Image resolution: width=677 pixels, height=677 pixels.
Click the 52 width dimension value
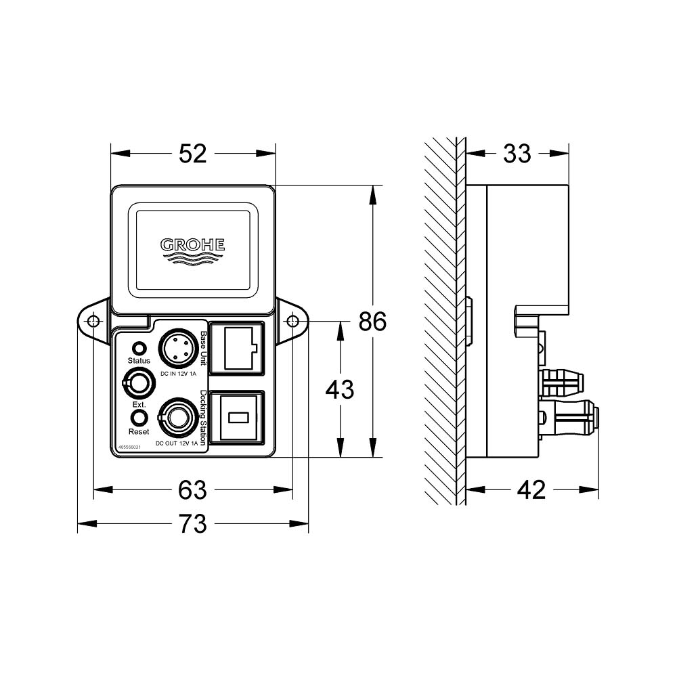click(x=193, y=154)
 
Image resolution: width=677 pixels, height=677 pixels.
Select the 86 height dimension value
click(x=372, y=322)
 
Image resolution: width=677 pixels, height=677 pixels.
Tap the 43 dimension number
click(x=340, y=389)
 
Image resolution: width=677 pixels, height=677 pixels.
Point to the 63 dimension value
click(x=193, y=489)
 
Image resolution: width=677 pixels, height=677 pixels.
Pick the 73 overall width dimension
click(x=193, y=523)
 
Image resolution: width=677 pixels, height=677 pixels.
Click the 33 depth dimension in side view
click(x=517, y=154)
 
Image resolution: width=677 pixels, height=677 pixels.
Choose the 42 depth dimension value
click(x=531, y=489)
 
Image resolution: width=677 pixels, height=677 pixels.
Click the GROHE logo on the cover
click(x=193, y=248)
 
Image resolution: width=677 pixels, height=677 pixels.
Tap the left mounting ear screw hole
click(x=93, y=321)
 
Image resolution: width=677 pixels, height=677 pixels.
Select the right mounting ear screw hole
click(x=292, y=321)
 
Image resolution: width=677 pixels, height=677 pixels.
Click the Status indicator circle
click(x=139, y=349)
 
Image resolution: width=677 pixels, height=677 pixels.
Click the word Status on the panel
click(x=139, y=362)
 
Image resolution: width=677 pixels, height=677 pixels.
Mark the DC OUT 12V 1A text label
click(x=177, y=443)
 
